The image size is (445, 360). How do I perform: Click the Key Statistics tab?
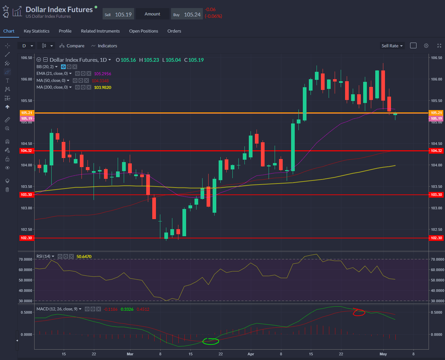click(x=37, y=31)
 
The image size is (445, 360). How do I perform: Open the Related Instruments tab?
click(x=100, y=31)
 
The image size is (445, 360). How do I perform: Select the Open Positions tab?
click(x=144, y=31)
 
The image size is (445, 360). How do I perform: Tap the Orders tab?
click(x=174, y=31)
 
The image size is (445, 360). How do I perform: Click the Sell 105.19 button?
click(x=118, y=14)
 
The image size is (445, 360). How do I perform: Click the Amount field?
click(x=153, y=14)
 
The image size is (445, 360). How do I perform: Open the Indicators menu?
click(x=104, y=46)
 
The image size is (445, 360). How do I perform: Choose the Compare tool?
click(x=72, y=46)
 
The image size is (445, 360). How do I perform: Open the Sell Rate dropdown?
click(x=392, y=46)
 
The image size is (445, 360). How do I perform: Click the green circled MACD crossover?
click(x=211, y=342)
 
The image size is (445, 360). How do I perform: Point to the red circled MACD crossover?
click(x=358, y=312)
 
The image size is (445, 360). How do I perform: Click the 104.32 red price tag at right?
click(x=436, y=151)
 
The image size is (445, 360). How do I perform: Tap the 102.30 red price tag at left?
click(x=26, y=238)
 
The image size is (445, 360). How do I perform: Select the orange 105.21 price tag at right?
click(x=436, y=113)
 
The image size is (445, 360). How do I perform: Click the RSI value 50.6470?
click(x=84, y=257)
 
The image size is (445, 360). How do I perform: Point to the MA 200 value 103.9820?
click(x=103, y=88)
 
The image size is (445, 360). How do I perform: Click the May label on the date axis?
click(x=383, y=354)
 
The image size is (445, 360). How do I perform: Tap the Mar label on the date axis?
click(x=130, y=354)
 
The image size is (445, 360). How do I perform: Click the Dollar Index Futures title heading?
click(x=59, y=10)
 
